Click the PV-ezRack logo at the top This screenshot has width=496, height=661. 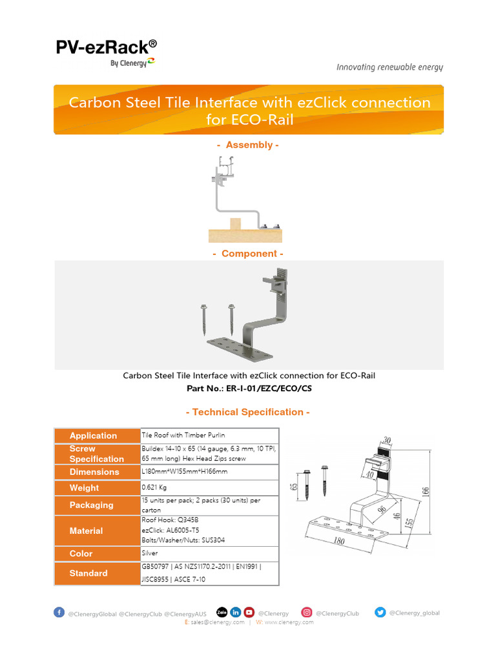105,52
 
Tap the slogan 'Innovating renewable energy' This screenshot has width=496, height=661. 389,67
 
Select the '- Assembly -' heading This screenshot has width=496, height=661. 248,145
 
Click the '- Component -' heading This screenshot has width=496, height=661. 248,254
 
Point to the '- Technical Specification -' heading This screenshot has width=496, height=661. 248,412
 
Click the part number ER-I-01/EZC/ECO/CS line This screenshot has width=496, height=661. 249,389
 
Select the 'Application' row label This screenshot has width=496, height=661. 94,436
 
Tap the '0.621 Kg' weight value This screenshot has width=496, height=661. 156,488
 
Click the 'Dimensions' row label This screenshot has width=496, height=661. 94,472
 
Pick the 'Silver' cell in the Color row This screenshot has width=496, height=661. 149,553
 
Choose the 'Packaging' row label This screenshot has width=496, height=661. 92,505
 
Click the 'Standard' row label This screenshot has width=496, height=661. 88,573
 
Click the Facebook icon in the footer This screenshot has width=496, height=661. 59,613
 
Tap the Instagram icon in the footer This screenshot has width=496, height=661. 307,613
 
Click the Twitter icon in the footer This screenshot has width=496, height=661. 380,613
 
